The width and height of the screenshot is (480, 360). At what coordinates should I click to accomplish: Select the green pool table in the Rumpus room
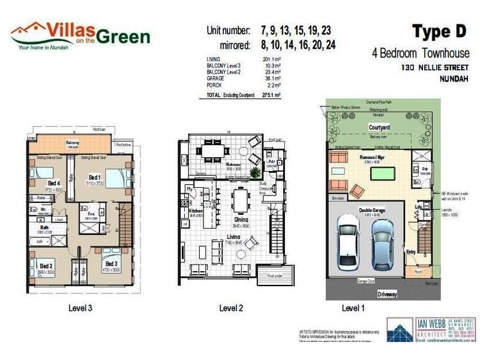379,173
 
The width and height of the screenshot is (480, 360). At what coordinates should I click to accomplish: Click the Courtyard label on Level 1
379,127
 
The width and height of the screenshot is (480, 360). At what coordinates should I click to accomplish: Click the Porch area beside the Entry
419,271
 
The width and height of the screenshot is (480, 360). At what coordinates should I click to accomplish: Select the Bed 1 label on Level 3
94,178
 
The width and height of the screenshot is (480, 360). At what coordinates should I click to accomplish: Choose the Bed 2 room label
46,266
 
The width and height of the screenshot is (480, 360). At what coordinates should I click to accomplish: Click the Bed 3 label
112,263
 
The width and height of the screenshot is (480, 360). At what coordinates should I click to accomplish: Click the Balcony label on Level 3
72,142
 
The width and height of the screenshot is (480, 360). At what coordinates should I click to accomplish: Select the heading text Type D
439,31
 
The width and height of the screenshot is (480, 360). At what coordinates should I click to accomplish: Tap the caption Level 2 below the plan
231,308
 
